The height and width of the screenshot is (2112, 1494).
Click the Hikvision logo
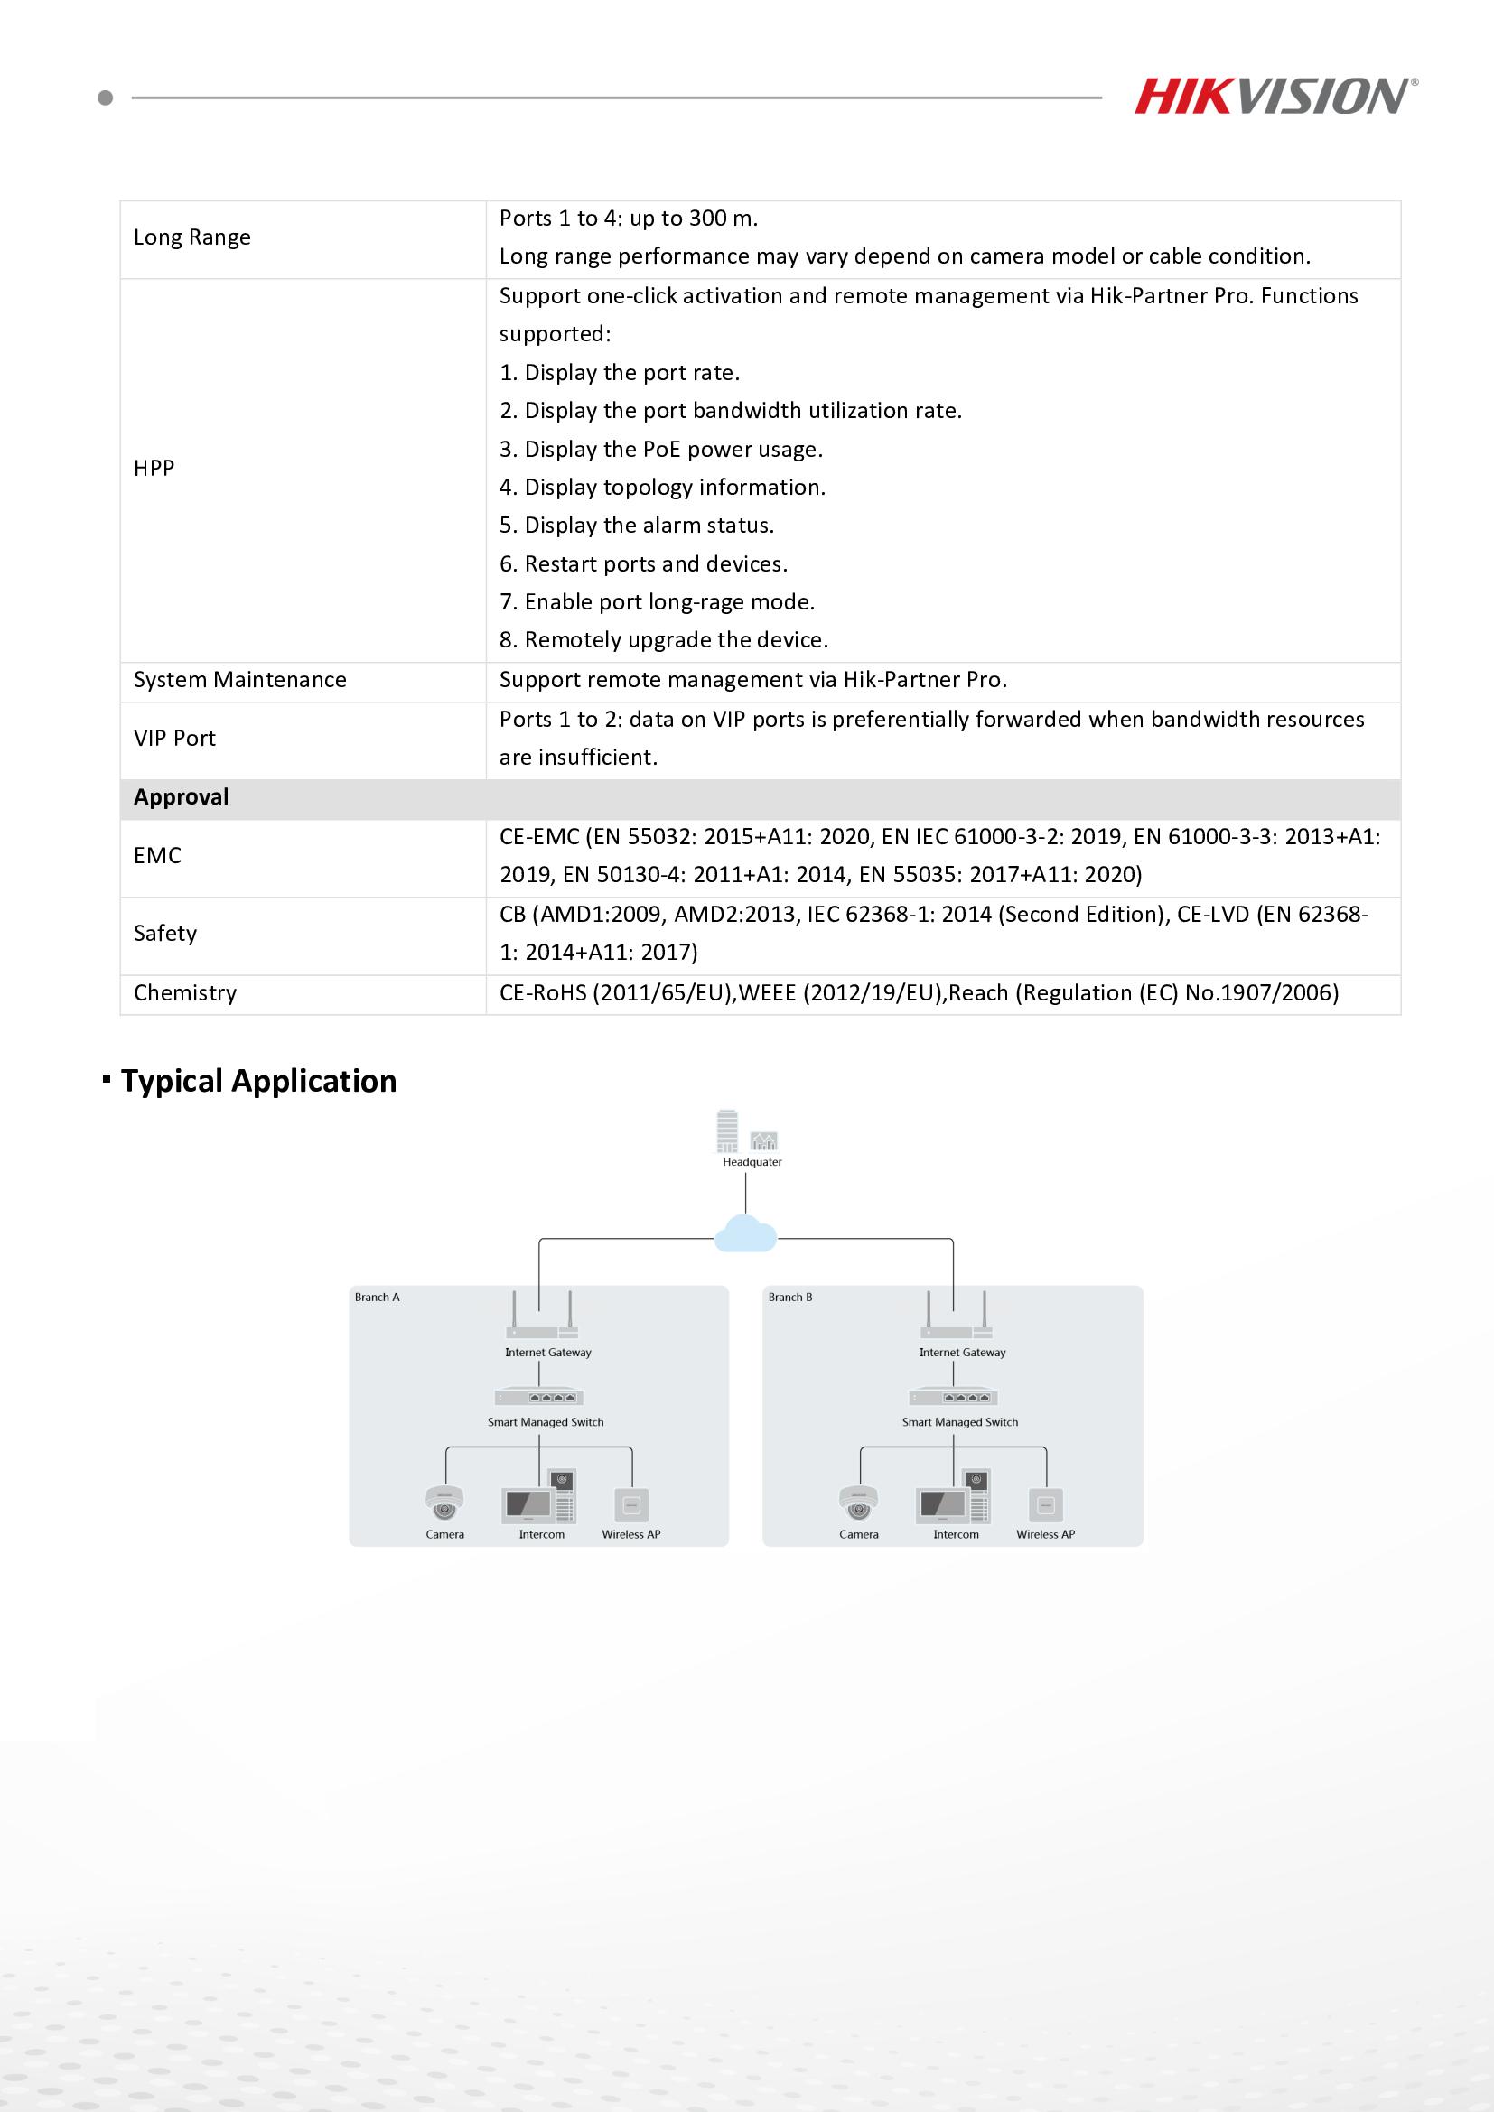[1275, 97]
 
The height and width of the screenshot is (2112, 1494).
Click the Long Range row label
[191, 237]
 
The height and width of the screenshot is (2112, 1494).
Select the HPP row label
[154, 469]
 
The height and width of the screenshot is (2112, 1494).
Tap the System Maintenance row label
[239, 680]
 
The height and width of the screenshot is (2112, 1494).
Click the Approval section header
[182, 797]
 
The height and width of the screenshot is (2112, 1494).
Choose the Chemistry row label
[185, 993]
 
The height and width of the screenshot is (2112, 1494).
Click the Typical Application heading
[258, 1081]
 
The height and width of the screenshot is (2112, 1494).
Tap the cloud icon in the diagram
[745, 1233]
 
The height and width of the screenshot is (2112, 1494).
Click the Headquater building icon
[728, 1132]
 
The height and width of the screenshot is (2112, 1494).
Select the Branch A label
[378, 1297]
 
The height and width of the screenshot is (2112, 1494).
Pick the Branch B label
[790, 1297]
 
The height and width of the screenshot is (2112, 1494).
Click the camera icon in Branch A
[444, 1503]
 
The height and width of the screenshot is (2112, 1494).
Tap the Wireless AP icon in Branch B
[1045, 1505]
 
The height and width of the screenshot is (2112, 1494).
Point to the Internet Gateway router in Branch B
[956, 1320]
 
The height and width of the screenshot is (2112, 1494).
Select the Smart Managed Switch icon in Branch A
[540, 1397]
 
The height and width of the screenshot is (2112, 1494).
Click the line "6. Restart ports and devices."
[643, 563]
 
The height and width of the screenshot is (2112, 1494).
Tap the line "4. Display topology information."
[662, 488]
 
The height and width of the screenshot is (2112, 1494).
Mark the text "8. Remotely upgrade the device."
[663, 640]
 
